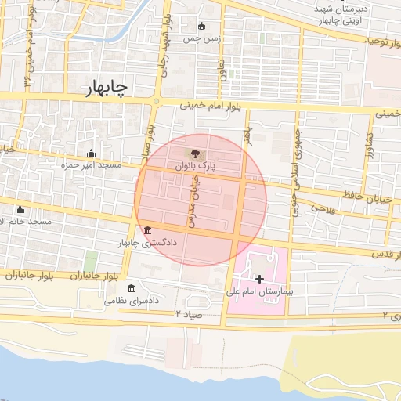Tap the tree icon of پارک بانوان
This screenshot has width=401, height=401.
191,152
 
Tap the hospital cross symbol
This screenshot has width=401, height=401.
259,278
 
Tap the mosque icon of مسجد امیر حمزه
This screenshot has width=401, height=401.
92,153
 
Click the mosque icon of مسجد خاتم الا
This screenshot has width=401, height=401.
20,209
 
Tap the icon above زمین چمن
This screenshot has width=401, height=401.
202,25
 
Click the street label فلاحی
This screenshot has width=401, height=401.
323,208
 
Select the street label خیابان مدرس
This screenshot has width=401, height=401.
193,195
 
